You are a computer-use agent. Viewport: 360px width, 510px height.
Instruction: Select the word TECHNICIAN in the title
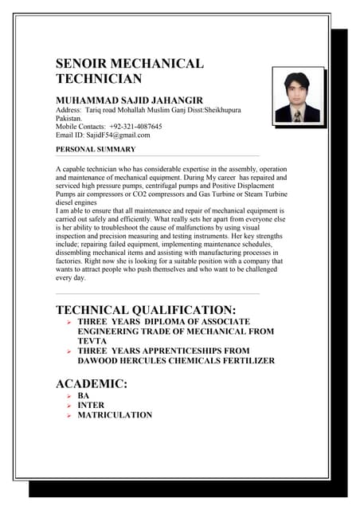99,79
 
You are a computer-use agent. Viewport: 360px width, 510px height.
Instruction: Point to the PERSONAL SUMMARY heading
96,149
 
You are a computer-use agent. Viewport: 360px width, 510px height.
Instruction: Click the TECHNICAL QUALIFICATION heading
146,310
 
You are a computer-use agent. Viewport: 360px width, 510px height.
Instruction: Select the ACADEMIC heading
92,384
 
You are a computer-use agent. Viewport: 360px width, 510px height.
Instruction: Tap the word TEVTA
92,340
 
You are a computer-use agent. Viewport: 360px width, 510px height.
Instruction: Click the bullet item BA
83,395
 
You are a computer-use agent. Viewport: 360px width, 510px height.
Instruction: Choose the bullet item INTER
91,405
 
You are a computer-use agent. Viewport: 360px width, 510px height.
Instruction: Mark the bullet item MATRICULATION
115,415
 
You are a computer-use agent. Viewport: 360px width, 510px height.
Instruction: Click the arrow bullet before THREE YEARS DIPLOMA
69,321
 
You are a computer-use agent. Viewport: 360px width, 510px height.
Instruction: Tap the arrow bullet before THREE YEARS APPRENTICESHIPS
69,351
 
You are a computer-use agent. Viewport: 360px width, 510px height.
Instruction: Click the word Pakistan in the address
68,117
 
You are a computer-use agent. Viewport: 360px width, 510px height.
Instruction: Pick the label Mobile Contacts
80,126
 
